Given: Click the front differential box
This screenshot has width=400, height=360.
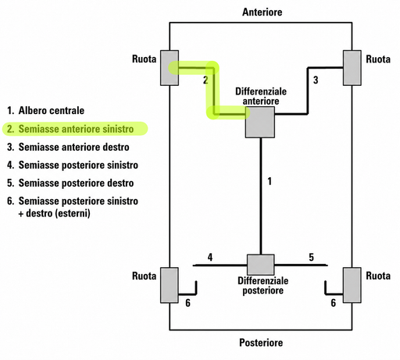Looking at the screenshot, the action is pyautogui.click(x=260, y=122).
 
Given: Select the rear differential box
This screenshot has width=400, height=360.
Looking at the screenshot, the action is pyautogui.click(x=260, y=265).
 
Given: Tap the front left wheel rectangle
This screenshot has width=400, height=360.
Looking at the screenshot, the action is pyautogui.click(x=170, y=68).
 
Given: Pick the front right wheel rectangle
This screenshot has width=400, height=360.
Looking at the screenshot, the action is pyautogui.click(x=352, y=68).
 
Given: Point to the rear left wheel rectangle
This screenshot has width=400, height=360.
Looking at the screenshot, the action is pyautogui.click(x=170, y=285).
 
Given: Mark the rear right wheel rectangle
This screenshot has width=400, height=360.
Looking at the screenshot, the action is pyautogui.click(x=352, y=285).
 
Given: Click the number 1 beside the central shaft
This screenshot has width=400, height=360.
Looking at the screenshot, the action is pyautogui.click(x=270, y=181).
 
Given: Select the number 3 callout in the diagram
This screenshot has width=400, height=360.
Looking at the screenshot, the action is pyautogui.click(x=316, y=80).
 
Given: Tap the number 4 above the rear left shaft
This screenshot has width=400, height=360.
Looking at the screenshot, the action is pyautogui.click(x=210, y=257).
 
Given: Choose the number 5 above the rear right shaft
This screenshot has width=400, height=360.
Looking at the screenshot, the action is pyautogui.click(x=312, y=257).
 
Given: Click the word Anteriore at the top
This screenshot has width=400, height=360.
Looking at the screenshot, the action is pyautogui.click(x=262, y=12).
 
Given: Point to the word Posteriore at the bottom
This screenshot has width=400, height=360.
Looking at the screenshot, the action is pyautogui.click(x=261, y=343).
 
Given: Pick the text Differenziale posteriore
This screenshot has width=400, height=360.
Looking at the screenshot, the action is pyautogui.click(x=263, y=286).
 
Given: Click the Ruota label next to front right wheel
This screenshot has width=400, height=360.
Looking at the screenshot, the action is pyautogui.click(x=378, y=59).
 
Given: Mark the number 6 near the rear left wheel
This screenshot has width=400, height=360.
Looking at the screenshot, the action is pyautogui.click(x=187, y=303).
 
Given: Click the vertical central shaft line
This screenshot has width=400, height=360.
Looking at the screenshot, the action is pyautogui.click(x=261, y=196).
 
